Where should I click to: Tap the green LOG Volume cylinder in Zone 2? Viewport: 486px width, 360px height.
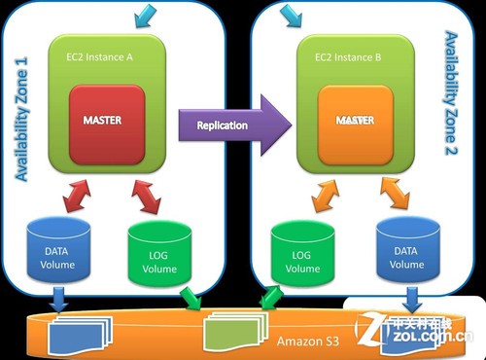tap(296, 255)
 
